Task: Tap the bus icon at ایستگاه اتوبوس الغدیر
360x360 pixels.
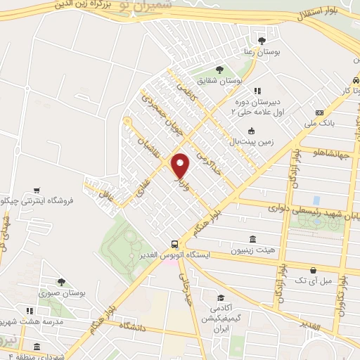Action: pyautogui.click(x=174, y=243)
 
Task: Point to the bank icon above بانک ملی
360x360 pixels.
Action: pyautogui.click(x=319, y=112)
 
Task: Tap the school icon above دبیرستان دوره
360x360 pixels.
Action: pyautogui.click(x=258, y=91)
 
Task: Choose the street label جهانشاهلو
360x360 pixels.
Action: pyautogui.click(x=320, y=153)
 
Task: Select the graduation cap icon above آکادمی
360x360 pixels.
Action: pyautogui.click(x=220, y=297)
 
